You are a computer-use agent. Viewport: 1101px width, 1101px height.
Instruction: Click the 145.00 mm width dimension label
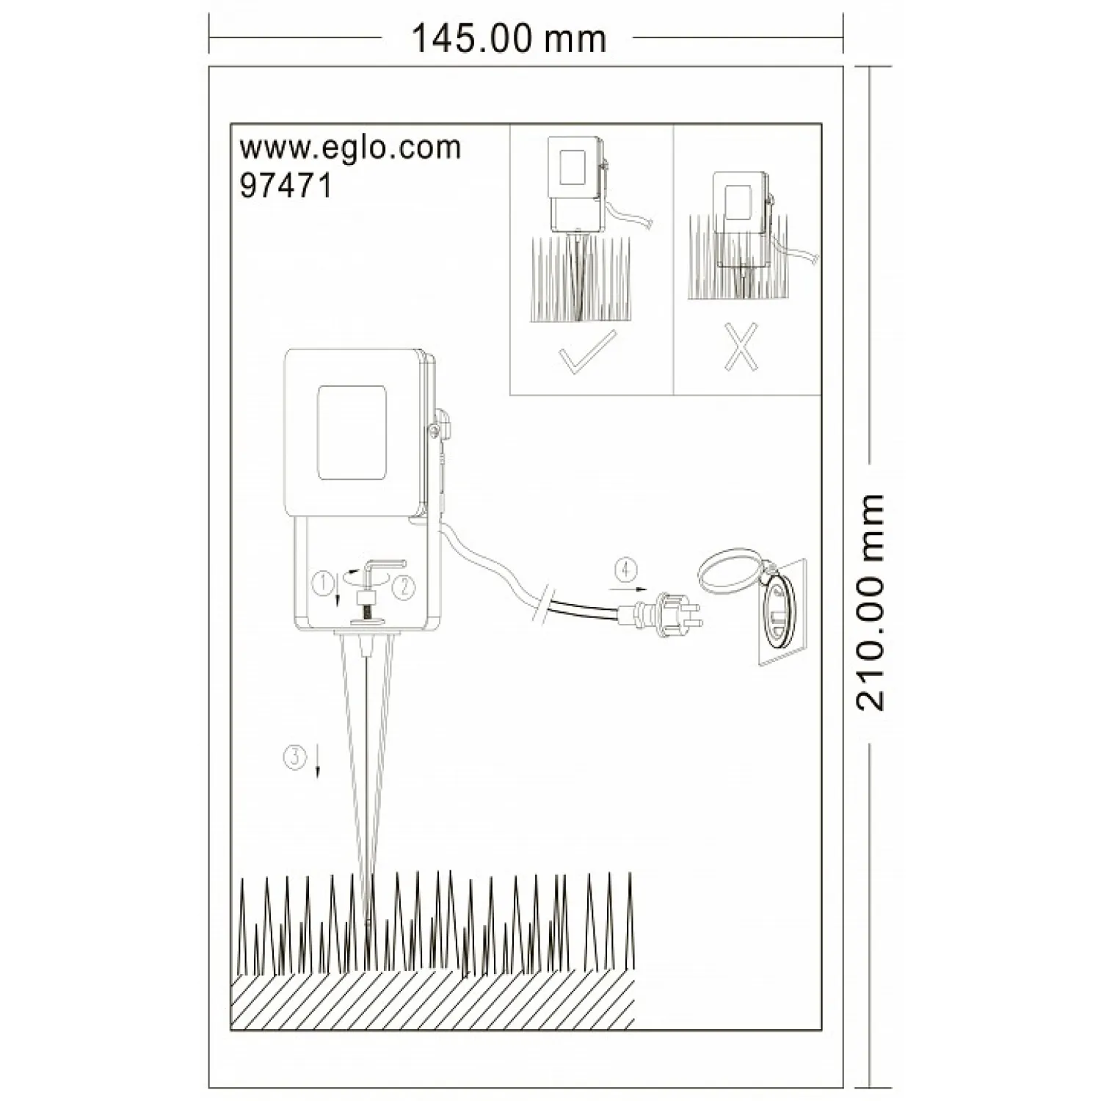(508, 39)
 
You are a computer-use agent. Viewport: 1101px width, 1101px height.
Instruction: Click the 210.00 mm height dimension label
(871, 602)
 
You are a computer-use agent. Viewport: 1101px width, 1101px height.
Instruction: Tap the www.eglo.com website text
(350, 148)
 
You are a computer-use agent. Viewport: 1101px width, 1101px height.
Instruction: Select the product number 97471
(286, 185)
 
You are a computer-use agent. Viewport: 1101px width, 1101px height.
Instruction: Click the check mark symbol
(587, 352)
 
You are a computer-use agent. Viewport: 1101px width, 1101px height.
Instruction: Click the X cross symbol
(741, 348)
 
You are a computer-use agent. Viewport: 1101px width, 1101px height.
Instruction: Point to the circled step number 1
(322, 584)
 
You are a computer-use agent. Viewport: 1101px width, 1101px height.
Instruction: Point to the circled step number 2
(404, 586)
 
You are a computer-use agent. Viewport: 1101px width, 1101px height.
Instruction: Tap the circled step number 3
(294, 757)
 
